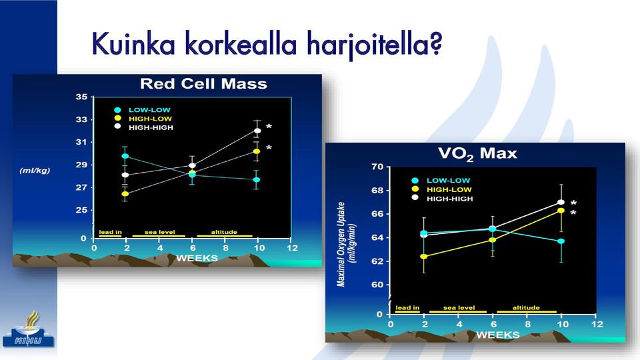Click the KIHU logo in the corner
click(x=28, y=330)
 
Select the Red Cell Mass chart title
click(x=203, y=84)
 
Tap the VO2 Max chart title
click(x=477, y=154)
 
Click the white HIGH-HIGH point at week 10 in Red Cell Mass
click(x=257, y=131)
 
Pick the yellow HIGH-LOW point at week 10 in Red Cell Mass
click(x=257, y=151)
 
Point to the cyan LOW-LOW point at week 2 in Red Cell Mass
click(x=125, y=156)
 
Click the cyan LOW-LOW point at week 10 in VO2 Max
click(x=561, y=241)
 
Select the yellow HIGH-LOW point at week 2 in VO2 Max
click(x=424, y=256)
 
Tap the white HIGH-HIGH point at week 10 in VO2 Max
click(x=561, y=202)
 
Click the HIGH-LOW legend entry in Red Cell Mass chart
click(x=143, y=119)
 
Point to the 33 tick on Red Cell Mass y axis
click(x=81, y=119)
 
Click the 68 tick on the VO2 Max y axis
click(x=377, y=191)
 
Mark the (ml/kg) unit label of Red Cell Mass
click(x=35, y=170)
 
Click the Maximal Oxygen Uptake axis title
click(x=341, y=244)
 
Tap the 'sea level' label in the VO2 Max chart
click(x=459, y=308)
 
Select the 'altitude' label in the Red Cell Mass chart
click(x=224, y=232)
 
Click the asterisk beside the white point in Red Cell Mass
click(x=269, y=127)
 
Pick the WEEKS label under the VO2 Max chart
click(x=497, y=335)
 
